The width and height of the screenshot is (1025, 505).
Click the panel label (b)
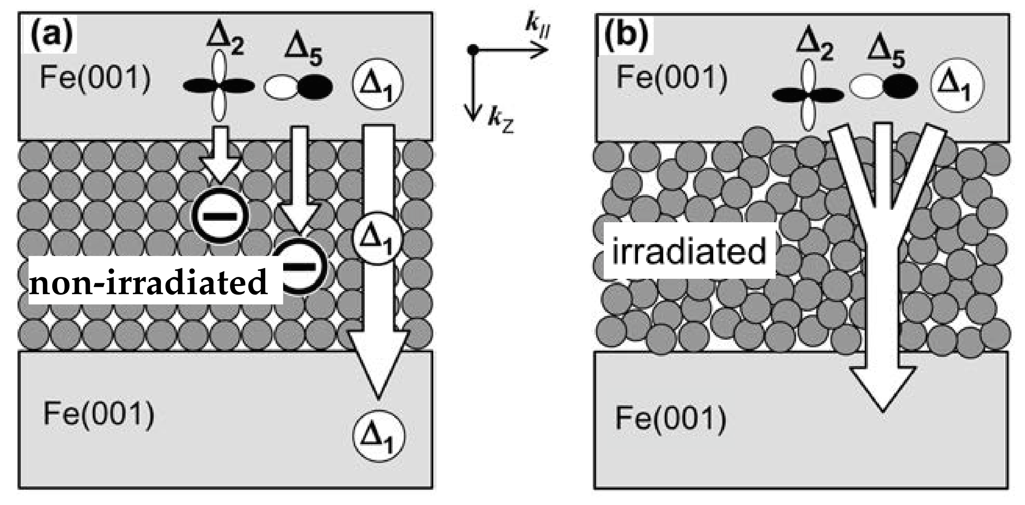pyautogui.click(x=626, y=36)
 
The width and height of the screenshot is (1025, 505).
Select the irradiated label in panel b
pyautogui.click(x=689, y=251)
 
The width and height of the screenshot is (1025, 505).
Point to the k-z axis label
pyautogui.click(x=500, y=121)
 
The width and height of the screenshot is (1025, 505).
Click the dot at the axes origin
pyautogui.click(x=472, y=50)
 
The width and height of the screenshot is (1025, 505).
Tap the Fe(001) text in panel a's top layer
pyautogui.click(x=96, y=78)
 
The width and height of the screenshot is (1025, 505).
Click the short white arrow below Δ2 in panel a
pyautogui.click(x=220, y=153)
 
